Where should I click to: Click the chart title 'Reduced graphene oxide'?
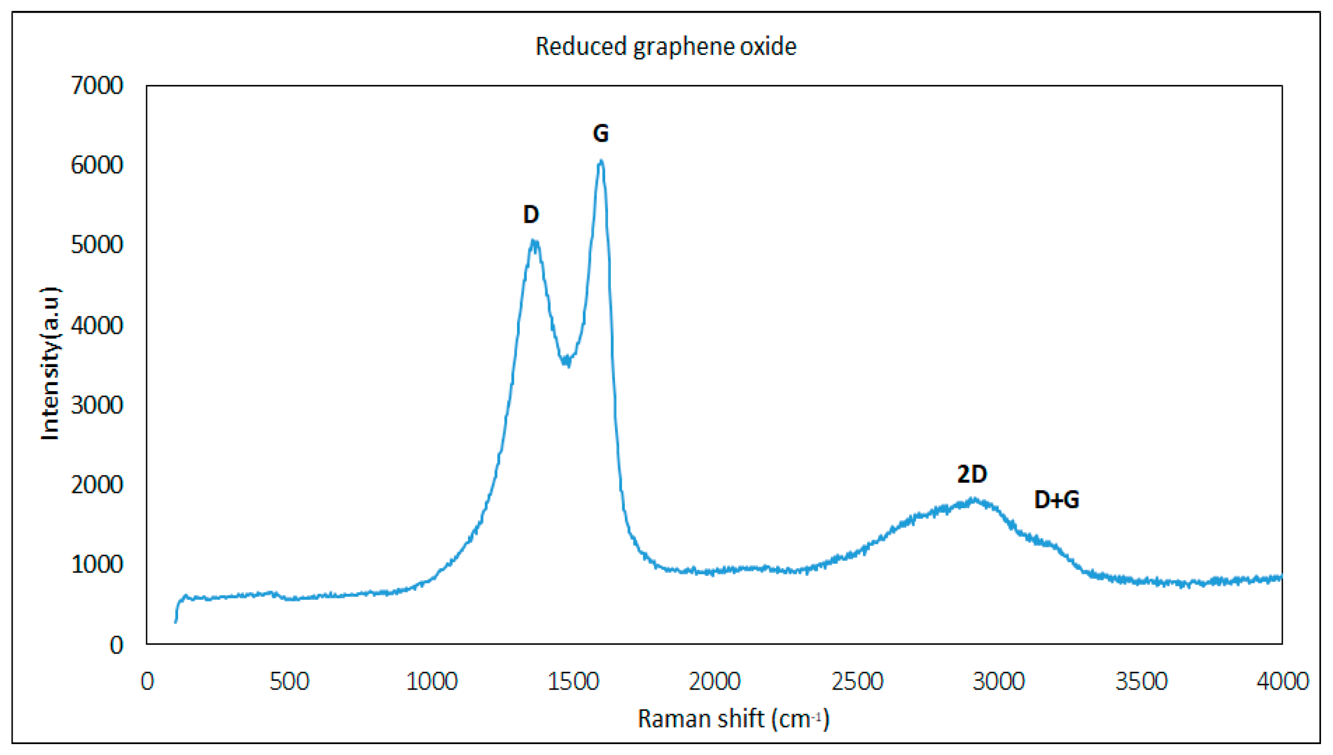click(x=666, y=47)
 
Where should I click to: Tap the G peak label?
click(x=600, y=133)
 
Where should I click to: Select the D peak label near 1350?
click(x=531, y=215)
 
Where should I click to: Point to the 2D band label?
click(x=972, y=474)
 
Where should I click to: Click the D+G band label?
click(x=1056, y=500)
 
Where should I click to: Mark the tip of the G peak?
click(x=600, y=161)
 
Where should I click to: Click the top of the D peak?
click(x=534, y=241)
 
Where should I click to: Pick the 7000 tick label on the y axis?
click(x=97, y=86)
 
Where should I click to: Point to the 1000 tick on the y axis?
click(x=97, y=565)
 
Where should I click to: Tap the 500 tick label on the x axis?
click(x=289, y=681)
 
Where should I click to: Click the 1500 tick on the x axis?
click(x=573, y=681)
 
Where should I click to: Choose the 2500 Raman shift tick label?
click(x=857, y=681)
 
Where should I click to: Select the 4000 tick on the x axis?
click(x=1282, y=681)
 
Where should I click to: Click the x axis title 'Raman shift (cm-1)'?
click(x=733, y=719)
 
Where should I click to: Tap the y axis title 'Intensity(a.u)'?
click(x=50, y=363)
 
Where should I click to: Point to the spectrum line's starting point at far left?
click(x=175, y=622)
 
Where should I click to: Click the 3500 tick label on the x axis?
click(x=1141, y=681)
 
